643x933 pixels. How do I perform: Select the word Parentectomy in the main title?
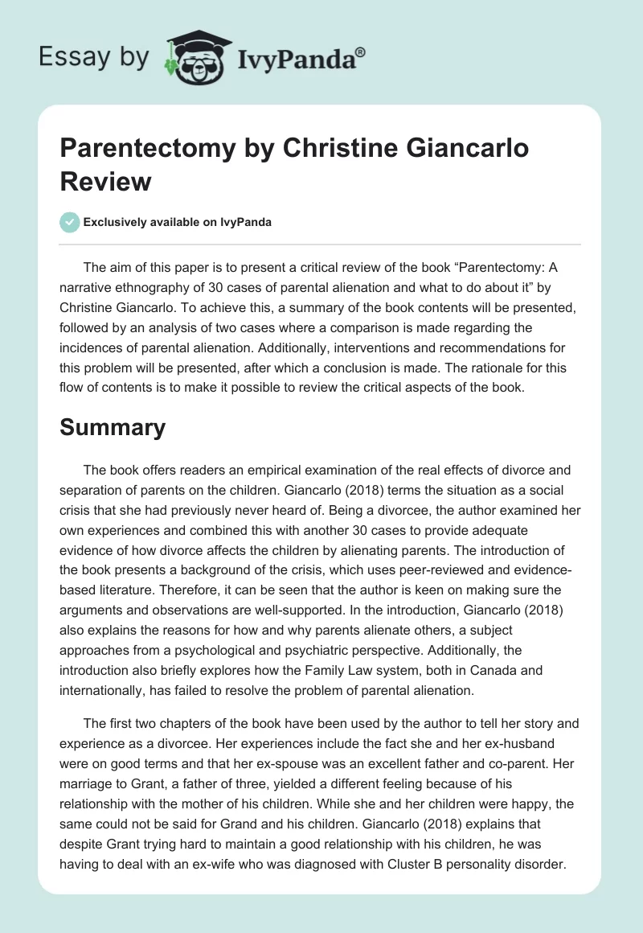click(141, 150)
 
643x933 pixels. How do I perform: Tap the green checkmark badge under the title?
click(70, 222)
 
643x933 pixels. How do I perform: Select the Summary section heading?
click(113, 427)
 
